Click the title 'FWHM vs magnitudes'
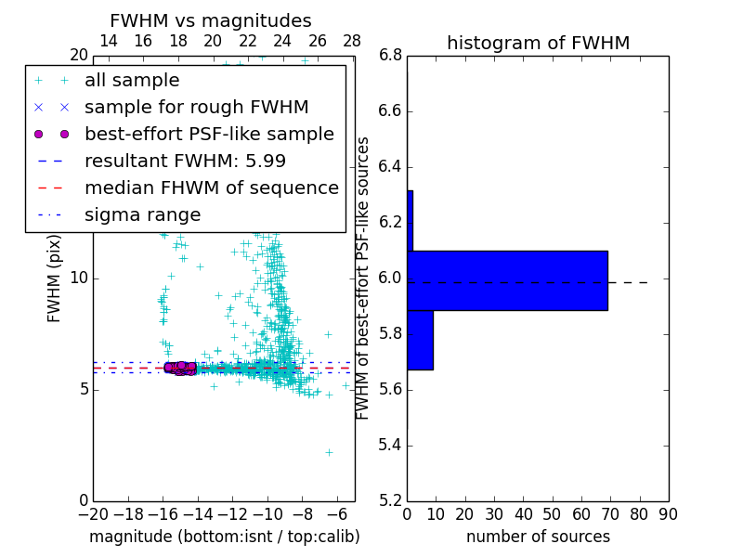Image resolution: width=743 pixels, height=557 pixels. [x=210, y=21]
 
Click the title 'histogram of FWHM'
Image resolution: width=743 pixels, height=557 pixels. [x=538, y=43]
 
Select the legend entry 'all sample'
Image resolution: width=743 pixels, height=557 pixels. [x=132, y=81]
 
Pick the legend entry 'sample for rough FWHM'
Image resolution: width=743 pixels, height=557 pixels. [x=196, y=108]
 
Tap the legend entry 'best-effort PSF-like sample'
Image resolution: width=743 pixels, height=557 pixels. [x=209, y=134]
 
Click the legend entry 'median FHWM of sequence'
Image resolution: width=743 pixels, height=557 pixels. [x=211, y=188]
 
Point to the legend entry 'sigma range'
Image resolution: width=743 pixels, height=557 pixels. [x=142, y=214]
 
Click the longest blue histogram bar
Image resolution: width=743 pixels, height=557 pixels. [x=507, y=280]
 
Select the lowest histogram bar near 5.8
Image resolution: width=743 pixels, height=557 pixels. [x=420, y=340]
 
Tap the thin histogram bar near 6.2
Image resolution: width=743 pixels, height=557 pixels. [x=410, y=221]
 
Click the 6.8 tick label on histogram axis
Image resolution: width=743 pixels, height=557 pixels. [x=389, y=56]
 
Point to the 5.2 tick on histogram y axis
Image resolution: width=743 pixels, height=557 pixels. [x=389, y=500]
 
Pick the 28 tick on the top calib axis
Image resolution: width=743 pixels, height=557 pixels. [x=352, y=41]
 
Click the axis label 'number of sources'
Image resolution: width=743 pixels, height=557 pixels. [x=538, y=537]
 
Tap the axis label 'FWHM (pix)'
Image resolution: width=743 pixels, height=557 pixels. [x=55, y=278]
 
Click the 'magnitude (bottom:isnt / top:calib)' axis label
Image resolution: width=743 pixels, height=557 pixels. [x=224, y=537]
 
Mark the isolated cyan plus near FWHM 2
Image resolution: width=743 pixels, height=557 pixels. [x=329, y=452]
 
